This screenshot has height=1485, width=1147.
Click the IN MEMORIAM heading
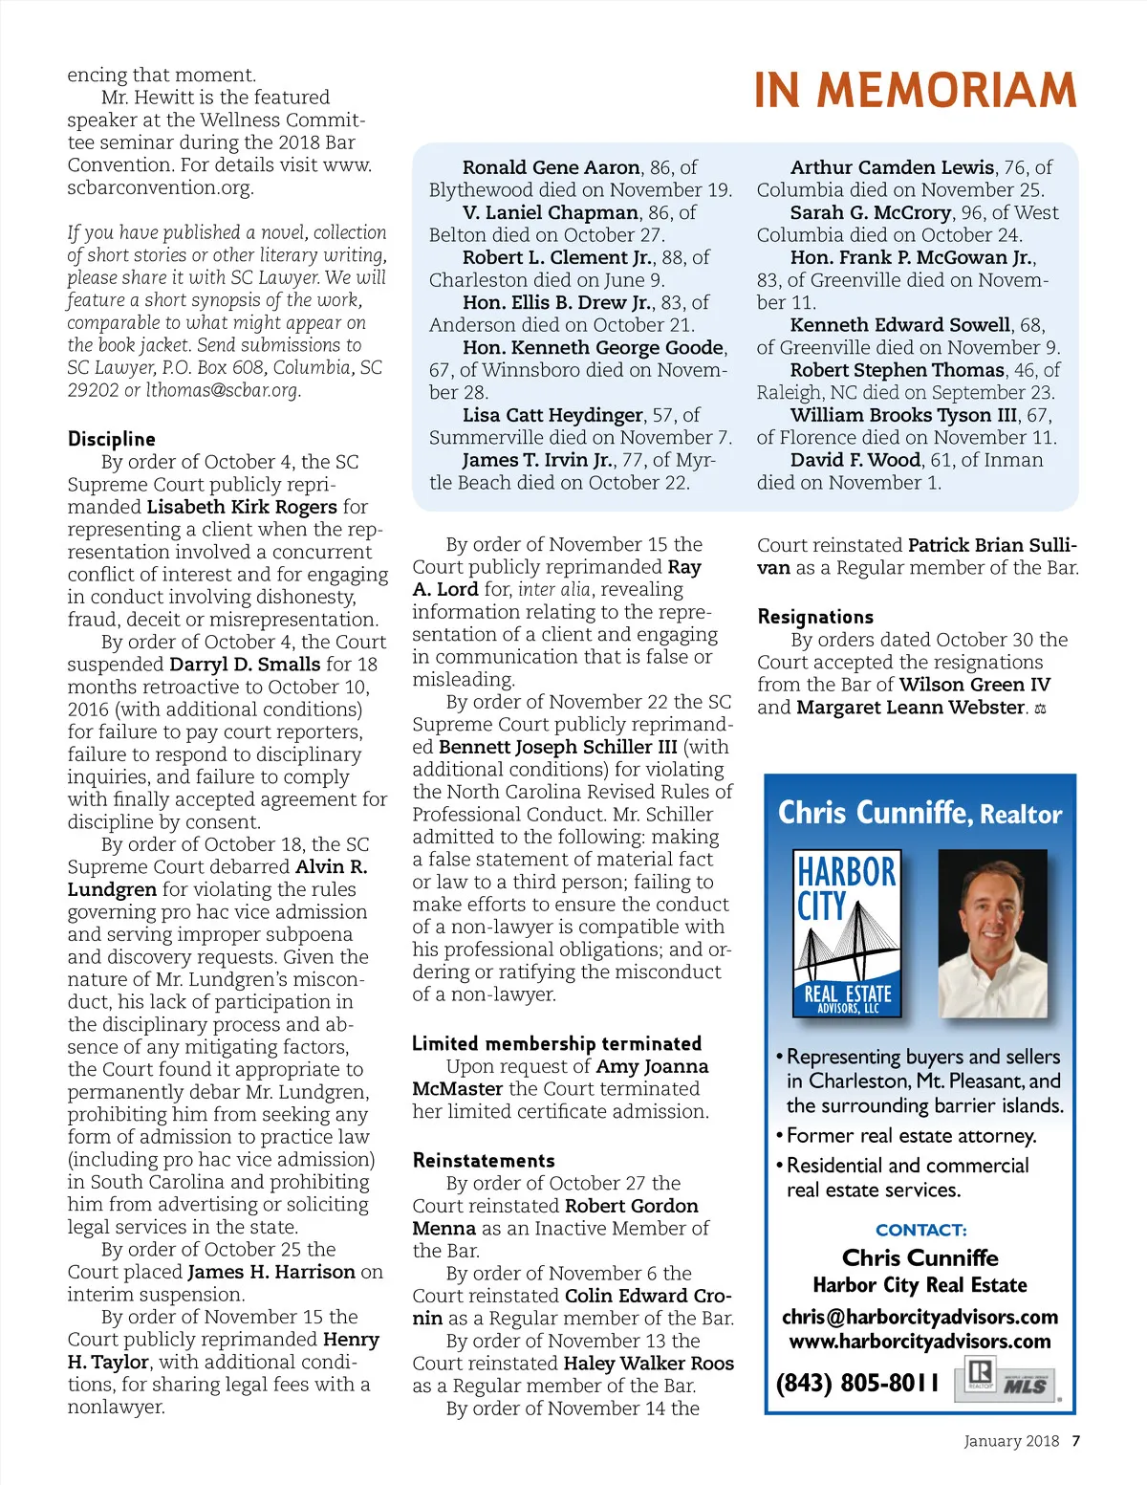pyautogui.click(x=915, y=91)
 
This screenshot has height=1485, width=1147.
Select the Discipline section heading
pyautogui.click(x=111, y=439)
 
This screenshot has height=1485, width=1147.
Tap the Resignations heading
pyautogui.click(x=815, y=617)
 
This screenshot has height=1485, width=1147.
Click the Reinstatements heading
pyautogui.click(x=484, y=1160)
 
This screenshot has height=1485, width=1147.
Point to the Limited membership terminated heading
pyautogui.click(x=556, y=1043)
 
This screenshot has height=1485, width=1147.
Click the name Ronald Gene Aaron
pyautogui.click(x=551, y=167)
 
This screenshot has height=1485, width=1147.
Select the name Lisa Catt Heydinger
pyautogui.click(x=552, y=415)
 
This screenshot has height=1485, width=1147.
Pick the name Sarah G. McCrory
pyautogui.click(x=871, y=212)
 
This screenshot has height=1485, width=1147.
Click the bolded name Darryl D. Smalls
pyautogui.click(x=245, y=664)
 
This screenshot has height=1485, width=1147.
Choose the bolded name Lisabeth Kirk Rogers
pyautogui.click(x=242, y=507)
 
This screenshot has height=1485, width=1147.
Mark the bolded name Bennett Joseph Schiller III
pyautogui.click(x=557, y=747)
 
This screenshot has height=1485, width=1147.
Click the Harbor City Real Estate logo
pyautogui.click(x=847, y=933)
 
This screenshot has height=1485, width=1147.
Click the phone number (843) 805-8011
pyautogui.click(x=857, y=1383)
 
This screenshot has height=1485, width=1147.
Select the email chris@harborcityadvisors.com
pyautogui.click(x=920, y=1317)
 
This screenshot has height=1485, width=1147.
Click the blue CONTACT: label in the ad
pyautogui.click(x=920, y=1230)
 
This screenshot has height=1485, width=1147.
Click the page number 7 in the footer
pyautogui.click(x=1076, y=1441)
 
